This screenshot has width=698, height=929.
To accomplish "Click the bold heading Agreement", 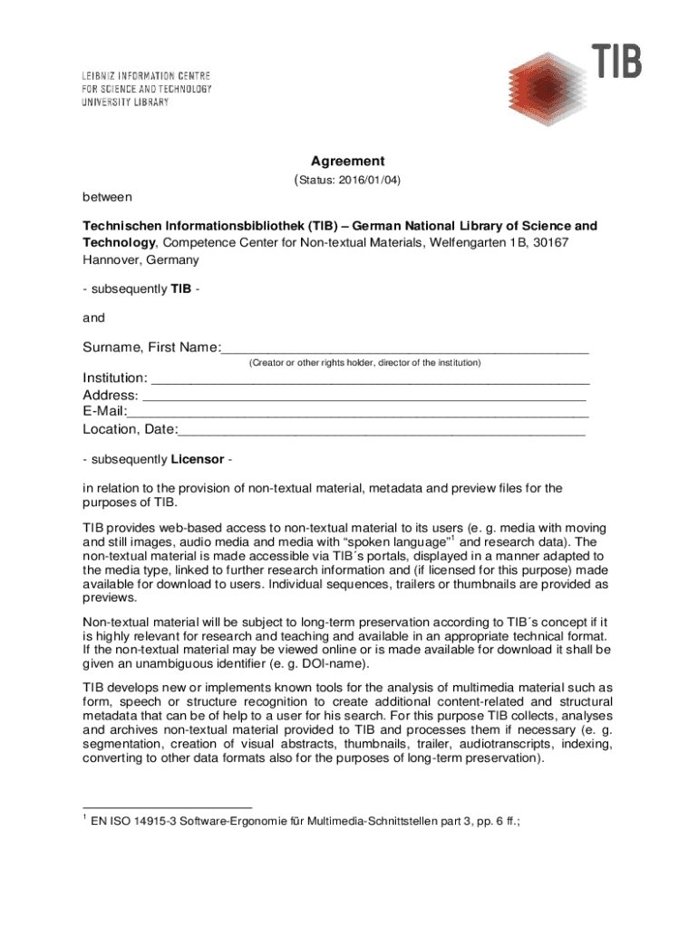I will click(x=348, y=161).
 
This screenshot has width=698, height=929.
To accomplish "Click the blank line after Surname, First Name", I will click(x=404, y=348).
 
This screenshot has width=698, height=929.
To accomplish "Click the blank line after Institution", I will click(x=370, y=378).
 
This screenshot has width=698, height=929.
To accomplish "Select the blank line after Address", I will click(x=364, y=396).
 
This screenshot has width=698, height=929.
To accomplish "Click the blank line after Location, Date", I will click(x=382, y=430).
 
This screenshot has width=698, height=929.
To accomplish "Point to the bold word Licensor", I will click(x=198, y=459).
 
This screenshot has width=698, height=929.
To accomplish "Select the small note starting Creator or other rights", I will click(x=364, y=363).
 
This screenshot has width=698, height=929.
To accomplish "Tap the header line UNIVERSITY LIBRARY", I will click(x=125, y=103).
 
